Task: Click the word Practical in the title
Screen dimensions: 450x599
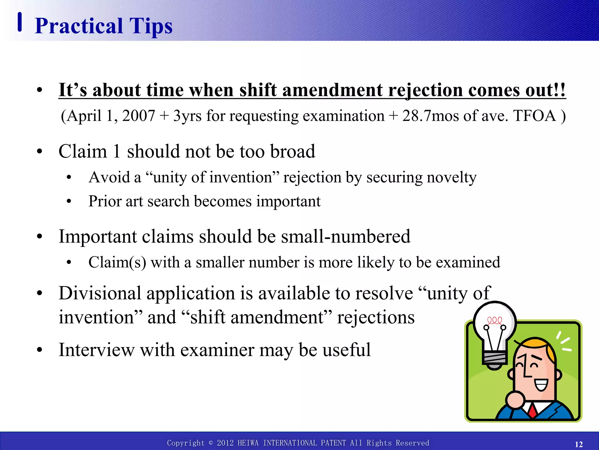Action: pos(79,26)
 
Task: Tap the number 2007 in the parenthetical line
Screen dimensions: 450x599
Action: pos(138,116)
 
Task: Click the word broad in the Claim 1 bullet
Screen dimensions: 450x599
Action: pos(292,151)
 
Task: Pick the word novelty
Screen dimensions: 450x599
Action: pos(451,178)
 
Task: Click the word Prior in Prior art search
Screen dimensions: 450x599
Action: pos(105,201)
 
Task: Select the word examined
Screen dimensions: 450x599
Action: pos(468,262)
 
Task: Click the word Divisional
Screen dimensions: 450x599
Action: pos(100,293)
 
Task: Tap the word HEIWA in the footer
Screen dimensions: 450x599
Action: pos(248,443)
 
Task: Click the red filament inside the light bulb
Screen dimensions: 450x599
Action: pos(494,321)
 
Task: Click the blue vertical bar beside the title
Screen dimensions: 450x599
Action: pos(20,22)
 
